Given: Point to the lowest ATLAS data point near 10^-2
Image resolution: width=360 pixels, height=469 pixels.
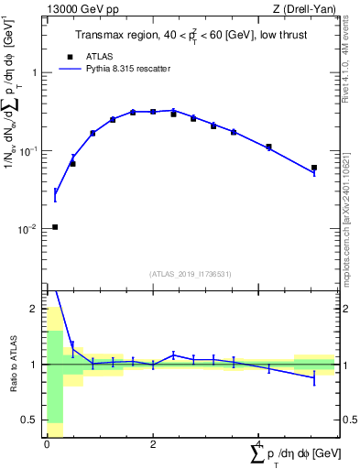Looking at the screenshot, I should click(55, 227).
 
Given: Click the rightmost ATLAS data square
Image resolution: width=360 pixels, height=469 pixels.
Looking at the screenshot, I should click(314, 168).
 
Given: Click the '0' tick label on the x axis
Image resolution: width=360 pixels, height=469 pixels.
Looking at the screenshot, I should click(47, 444).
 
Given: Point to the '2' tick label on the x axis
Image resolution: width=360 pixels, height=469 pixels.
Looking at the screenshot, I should click(153, 444).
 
